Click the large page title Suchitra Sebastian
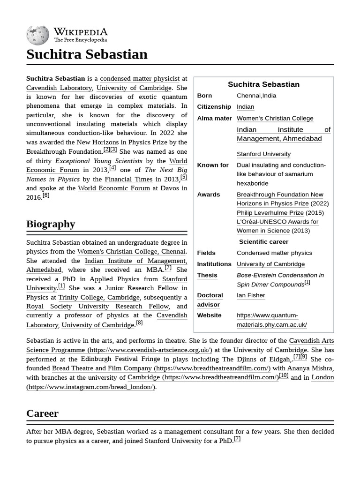point(87,54)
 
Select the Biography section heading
point(51,224)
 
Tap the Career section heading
point(42,413)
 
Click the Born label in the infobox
point(204,96)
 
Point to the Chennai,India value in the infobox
point(256,96)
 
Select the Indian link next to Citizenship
point(245,107)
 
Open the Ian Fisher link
point(251,295)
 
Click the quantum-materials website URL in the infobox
point(271,320)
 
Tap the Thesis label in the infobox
point(207,275)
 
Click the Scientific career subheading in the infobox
point(263,242)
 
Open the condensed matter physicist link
point(140,79)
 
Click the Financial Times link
point(128,179)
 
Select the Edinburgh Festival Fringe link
point(120,359)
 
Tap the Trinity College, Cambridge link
point(99,297)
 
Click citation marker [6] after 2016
point(45,195)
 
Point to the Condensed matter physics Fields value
point(274,253)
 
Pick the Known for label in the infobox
point(213,165)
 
